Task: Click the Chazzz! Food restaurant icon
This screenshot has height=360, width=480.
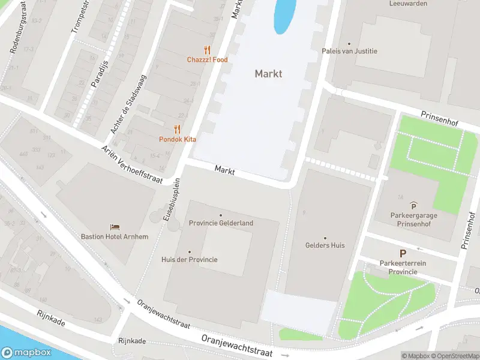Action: click(x=208, y=50)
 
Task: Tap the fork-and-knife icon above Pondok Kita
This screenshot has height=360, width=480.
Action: click(x=177, y=129)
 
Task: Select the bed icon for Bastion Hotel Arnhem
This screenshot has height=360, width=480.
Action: click(x=115, y=227)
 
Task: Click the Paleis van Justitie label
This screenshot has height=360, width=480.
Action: click(x=350, y=51)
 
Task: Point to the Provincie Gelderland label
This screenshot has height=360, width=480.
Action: click(x=221, y=223)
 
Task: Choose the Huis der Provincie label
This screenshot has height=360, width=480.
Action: click(x=190, y=260)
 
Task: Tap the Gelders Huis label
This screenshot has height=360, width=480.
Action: click(x=325, y=245)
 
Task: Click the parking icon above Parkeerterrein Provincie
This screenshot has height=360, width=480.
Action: click(x=403, y=254)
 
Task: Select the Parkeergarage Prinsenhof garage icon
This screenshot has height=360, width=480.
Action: click(x=413, y=206)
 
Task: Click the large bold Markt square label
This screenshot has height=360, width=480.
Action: click(x=268, y=74)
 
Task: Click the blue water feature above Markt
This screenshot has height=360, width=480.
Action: click(x=284, y=15)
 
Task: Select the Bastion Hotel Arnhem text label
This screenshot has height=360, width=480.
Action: click(x=115, y=236)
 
